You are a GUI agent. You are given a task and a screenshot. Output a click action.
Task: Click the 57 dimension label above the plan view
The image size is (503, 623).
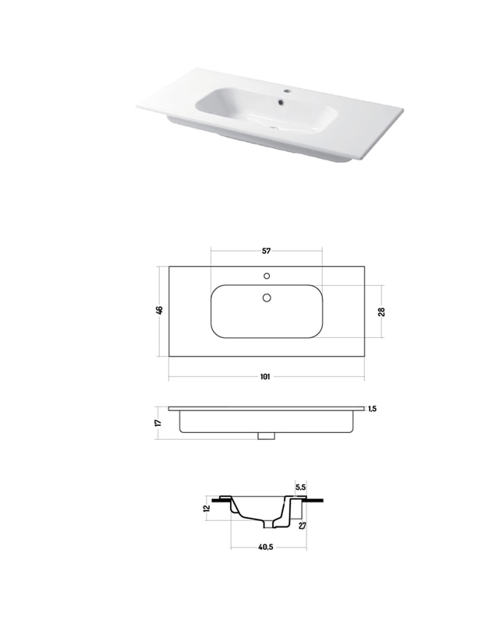[x=266, y=251]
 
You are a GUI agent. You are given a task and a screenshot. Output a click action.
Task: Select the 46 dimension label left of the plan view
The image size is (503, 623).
[x=159, y=310]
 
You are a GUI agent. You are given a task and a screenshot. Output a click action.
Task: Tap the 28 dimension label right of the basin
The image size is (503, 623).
[x=381, y=311]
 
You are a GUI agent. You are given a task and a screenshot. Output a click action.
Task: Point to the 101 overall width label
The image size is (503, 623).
[x=265, y=376]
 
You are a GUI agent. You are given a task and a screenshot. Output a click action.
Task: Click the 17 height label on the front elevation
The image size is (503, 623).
[x=158, y=422]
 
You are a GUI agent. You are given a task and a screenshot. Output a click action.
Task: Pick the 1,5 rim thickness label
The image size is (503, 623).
[x=372, y=408]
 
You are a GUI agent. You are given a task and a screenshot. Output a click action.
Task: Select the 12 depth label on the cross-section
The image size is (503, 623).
[x=206, y=509]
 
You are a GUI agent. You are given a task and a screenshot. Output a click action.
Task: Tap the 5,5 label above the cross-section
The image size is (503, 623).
[x=300, y=487]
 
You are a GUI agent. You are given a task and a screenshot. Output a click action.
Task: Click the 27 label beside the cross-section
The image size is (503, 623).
[x=303, y=525]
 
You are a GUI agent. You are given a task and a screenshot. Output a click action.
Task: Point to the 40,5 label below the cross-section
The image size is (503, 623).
[x=265, y=547]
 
